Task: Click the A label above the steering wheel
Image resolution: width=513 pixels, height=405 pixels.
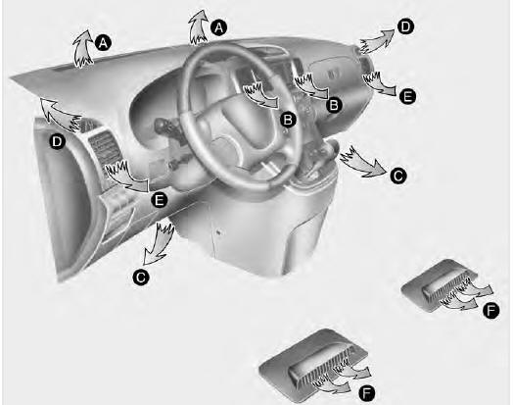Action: [218, 27]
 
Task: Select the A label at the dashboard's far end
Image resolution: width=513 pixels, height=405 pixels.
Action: [103, 43]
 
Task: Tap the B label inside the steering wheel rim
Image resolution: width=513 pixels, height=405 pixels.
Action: [288, 120]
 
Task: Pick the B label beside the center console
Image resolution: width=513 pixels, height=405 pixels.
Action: [334, 105]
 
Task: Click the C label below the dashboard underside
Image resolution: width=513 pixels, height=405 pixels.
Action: [141, 278]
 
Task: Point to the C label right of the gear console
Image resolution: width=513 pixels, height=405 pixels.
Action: [397, 176]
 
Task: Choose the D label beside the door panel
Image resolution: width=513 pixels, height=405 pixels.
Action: [57, 141]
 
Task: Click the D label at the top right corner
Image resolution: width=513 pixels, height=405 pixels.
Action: [405, 26]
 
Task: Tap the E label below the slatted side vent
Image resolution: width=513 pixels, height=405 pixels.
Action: [160, 200]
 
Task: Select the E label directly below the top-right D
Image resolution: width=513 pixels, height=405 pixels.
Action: [407, 96]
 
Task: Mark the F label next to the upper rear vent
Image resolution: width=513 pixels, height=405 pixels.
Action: [491, 310]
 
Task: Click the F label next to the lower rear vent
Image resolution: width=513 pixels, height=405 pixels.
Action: [366, 392]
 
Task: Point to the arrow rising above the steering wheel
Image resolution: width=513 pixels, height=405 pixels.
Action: [199, 27]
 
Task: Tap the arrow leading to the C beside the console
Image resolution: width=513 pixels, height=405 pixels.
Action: [362, 163]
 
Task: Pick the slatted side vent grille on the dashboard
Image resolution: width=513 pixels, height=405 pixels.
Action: [103, 144]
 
